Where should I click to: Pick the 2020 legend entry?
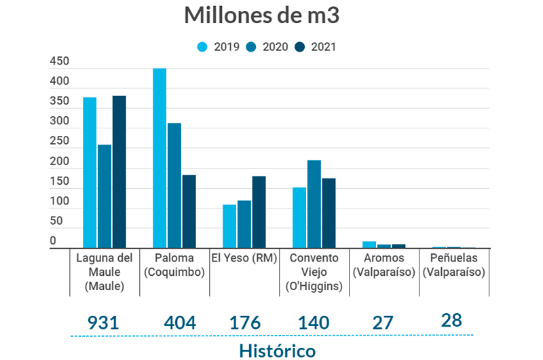tap(267, 47)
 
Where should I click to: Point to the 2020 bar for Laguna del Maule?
tap(105, 196)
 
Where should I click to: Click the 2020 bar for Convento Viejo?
tap(314, 204)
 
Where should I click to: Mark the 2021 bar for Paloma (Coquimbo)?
tap(189, 211)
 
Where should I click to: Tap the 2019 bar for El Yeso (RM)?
tap(229, 226)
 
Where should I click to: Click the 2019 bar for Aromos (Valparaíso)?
tap(369, 245)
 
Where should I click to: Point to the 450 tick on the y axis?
tap(60, 62)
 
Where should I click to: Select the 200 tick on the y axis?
tap(60, 162)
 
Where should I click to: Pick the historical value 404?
tap(180, 323)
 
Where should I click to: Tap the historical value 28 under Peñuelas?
tap(451, 320)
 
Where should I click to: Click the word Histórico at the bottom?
tap(277, 350)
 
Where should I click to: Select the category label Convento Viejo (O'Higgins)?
tap(314, 272)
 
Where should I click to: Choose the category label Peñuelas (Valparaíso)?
tap(453, 265)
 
